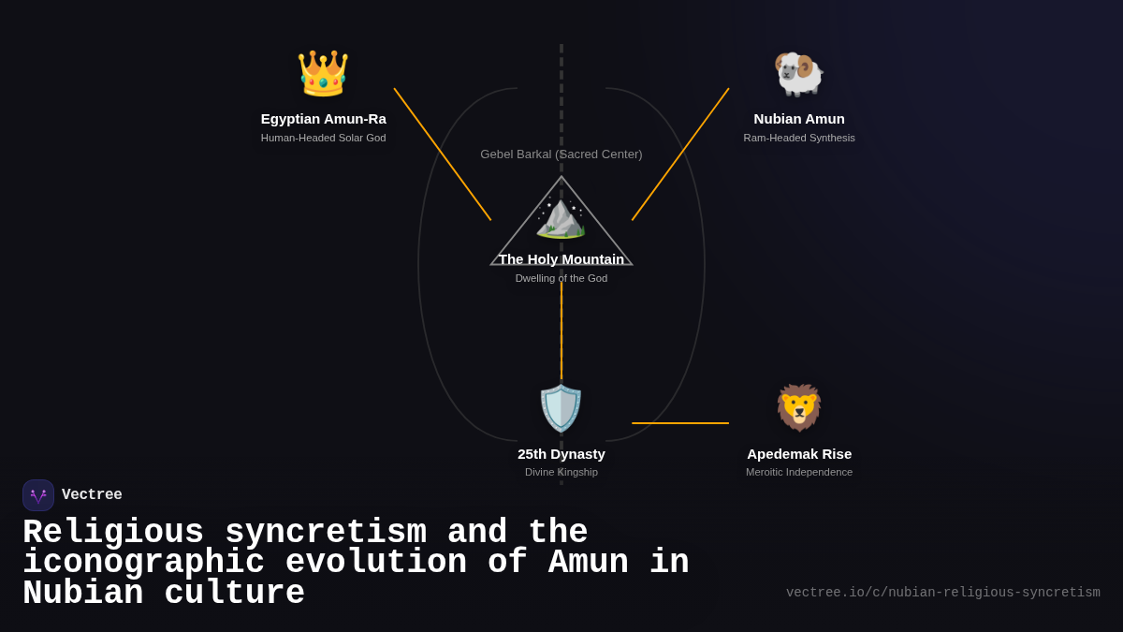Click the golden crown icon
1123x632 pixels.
[x=323, y=73]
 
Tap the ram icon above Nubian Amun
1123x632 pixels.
[x=798, y=73]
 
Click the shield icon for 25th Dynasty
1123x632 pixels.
[x=561, y=408]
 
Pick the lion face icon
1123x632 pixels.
[x=798, y=408]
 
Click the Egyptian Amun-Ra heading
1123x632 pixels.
[x=323, y=119]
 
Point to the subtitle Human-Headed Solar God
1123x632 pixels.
[x=323, y=138]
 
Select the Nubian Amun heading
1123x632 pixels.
[x=798, y=119]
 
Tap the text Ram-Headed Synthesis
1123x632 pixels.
[x=798, y=138]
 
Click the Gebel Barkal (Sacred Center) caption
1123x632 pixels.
[x=561, y=154]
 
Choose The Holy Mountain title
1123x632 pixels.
[x=561, y=259]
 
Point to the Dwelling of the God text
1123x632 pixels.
[x=561, y=278]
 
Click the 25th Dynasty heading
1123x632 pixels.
[x=561, y=454]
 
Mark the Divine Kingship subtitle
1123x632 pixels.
[x=561, y=472]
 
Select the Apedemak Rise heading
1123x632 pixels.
[x=798, y=454]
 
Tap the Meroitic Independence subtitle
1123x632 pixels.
[x=798, y=472]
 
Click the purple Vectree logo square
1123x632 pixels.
[x=38, y=495]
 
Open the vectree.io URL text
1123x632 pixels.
[x=942, y=593]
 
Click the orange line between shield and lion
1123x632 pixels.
[x=680, y=423]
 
